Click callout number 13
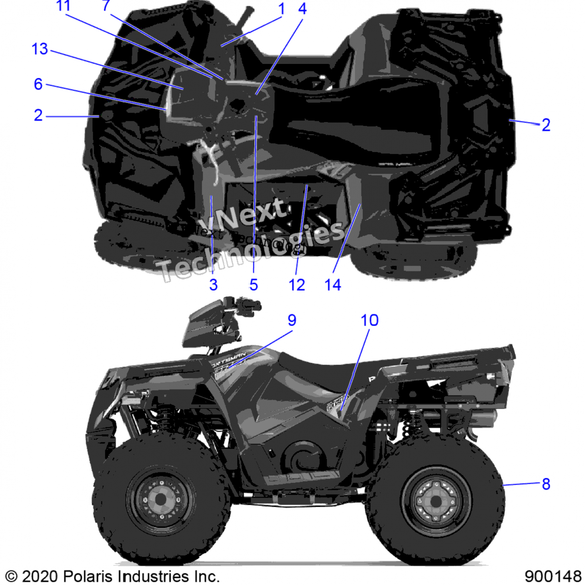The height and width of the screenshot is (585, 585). (40, 49)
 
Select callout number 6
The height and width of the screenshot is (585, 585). (38, 84)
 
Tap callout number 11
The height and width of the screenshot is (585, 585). (64, 6)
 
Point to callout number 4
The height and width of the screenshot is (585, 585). (302, 9)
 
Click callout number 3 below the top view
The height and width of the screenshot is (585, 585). (213, 285)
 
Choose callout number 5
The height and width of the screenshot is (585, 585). (253, 285)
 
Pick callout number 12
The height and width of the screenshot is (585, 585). (297, 285)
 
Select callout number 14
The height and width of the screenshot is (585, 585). (333, 285)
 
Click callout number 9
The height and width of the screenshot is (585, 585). (292, 320)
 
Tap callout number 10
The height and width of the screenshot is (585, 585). (369, 320)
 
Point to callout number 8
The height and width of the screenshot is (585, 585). (546, 484)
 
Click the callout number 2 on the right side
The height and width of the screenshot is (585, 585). (546, 125)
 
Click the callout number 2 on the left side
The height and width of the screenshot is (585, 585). (38, 115)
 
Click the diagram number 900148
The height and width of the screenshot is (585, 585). (553, 576)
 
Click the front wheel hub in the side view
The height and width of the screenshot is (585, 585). (161, 499)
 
